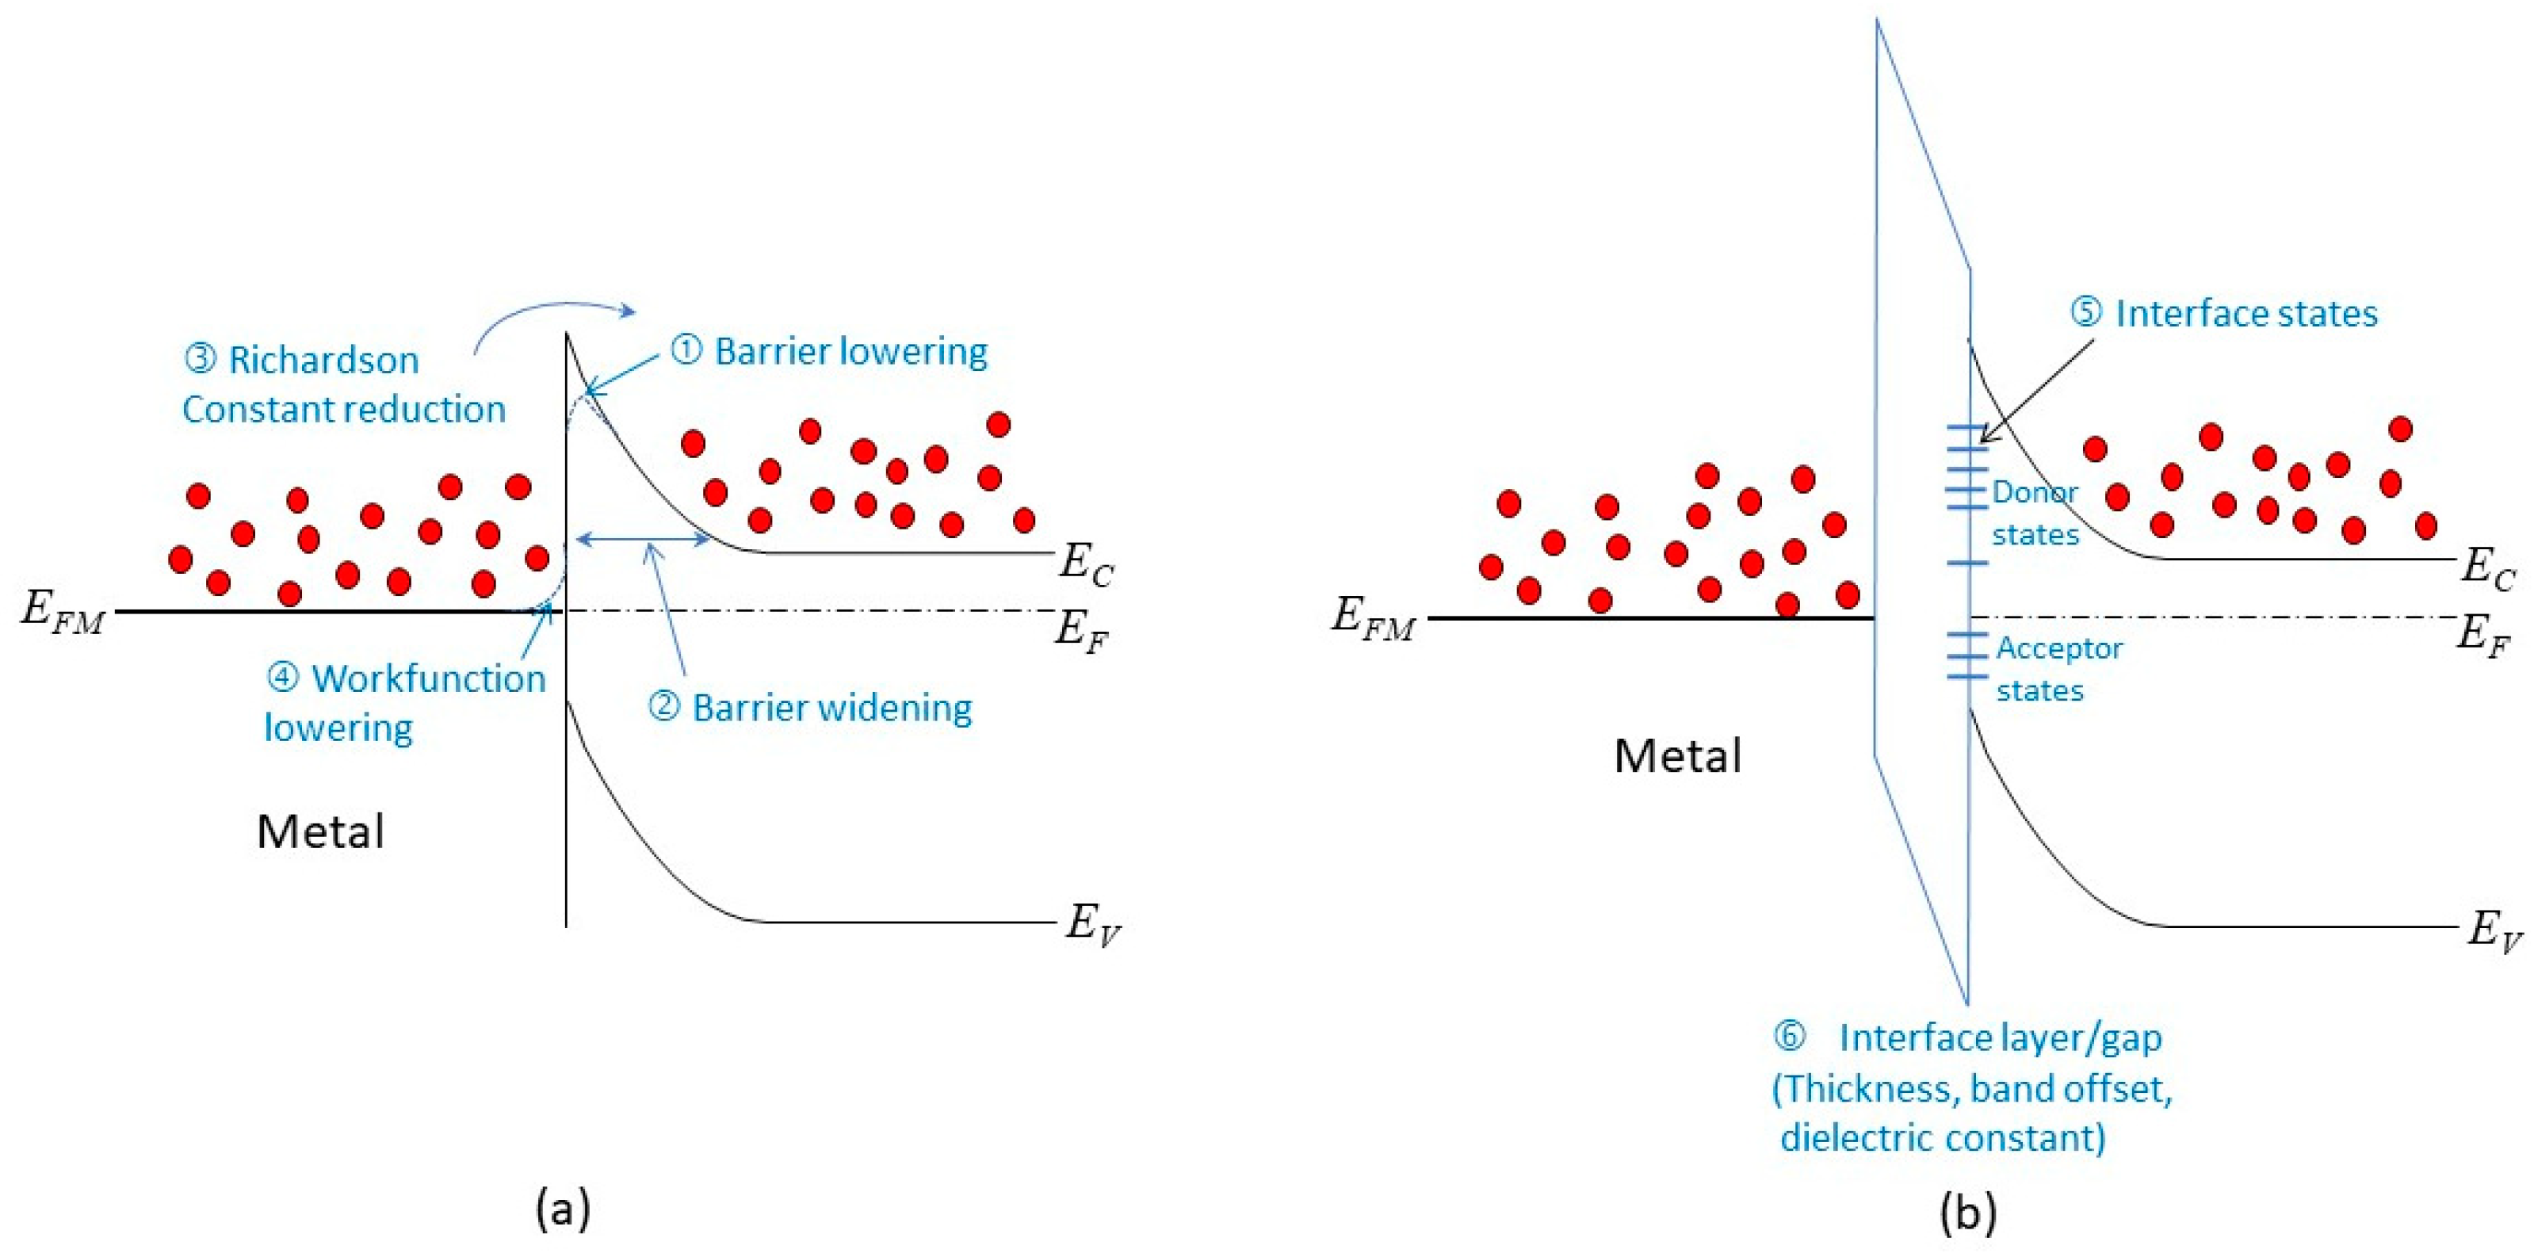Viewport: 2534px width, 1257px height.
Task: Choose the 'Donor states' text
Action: coord(2035,513)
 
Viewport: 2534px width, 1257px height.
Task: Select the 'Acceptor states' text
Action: coord(2058,669)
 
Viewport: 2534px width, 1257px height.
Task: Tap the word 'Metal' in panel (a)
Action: coord(321,832)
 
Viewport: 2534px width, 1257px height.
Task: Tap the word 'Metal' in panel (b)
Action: coord(1677,756)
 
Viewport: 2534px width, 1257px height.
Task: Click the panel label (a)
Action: coord(563,1208)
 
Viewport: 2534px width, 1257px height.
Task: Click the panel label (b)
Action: coord(1967,1213)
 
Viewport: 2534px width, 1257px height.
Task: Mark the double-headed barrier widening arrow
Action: coord(642,538)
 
